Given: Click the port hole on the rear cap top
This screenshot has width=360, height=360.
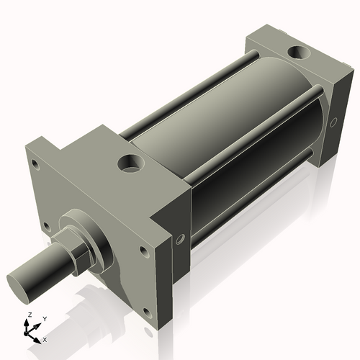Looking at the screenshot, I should click(x=297, y=53).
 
